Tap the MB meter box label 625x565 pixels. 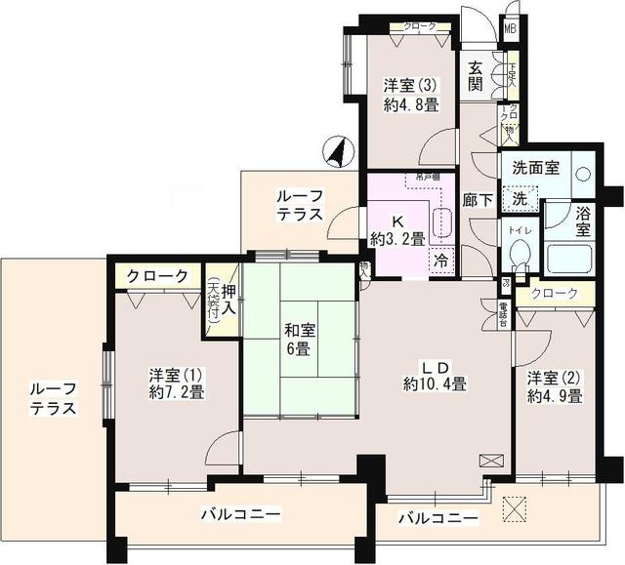510,27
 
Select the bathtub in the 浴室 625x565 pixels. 571,259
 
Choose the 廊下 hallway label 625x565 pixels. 477,206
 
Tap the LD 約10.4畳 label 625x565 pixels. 435,375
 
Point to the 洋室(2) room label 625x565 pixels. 555,386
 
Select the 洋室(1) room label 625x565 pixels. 176,383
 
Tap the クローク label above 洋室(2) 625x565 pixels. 555,293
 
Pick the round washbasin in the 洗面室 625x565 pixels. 582,174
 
